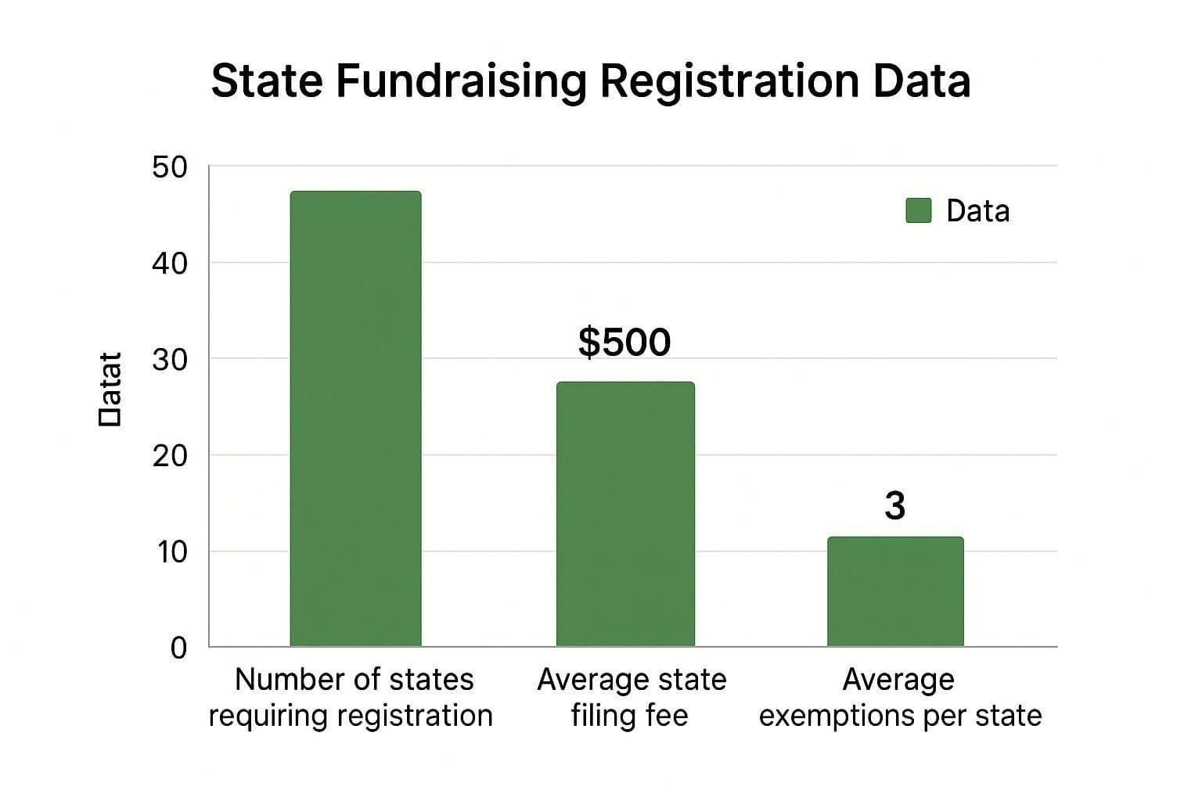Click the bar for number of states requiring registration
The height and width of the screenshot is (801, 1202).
355,418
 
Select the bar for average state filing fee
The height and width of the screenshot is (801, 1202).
625,514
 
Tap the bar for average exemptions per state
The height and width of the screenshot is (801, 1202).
895,591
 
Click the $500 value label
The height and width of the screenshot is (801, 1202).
624,343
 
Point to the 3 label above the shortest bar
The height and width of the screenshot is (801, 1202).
894,506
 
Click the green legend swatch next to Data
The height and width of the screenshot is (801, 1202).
918,210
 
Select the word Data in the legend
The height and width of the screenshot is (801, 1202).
977,211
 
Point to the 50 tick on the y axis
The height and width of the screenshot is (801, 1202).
170,167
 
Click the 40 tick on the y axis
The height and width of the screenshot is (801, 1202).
170,264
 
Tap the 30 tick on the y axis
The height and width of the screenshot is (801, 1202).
170,360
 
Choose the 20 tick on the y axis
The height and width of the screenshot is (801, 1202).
170,456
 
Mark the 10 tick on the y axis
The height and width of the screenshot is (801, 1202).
171,552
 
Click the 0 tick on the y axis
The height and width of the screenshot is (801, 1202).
178,648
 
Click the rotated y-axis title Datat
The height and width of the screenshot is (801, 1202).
110,389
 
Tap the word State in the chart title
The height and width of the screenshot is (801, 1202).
267,81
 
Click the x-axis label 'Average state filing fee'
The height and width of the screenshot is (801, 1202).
631,697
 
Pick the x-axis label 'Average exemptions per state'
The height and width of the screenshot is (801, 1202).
900,697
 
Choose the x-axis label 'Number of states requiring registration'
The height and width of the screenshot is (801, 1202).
351,697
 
